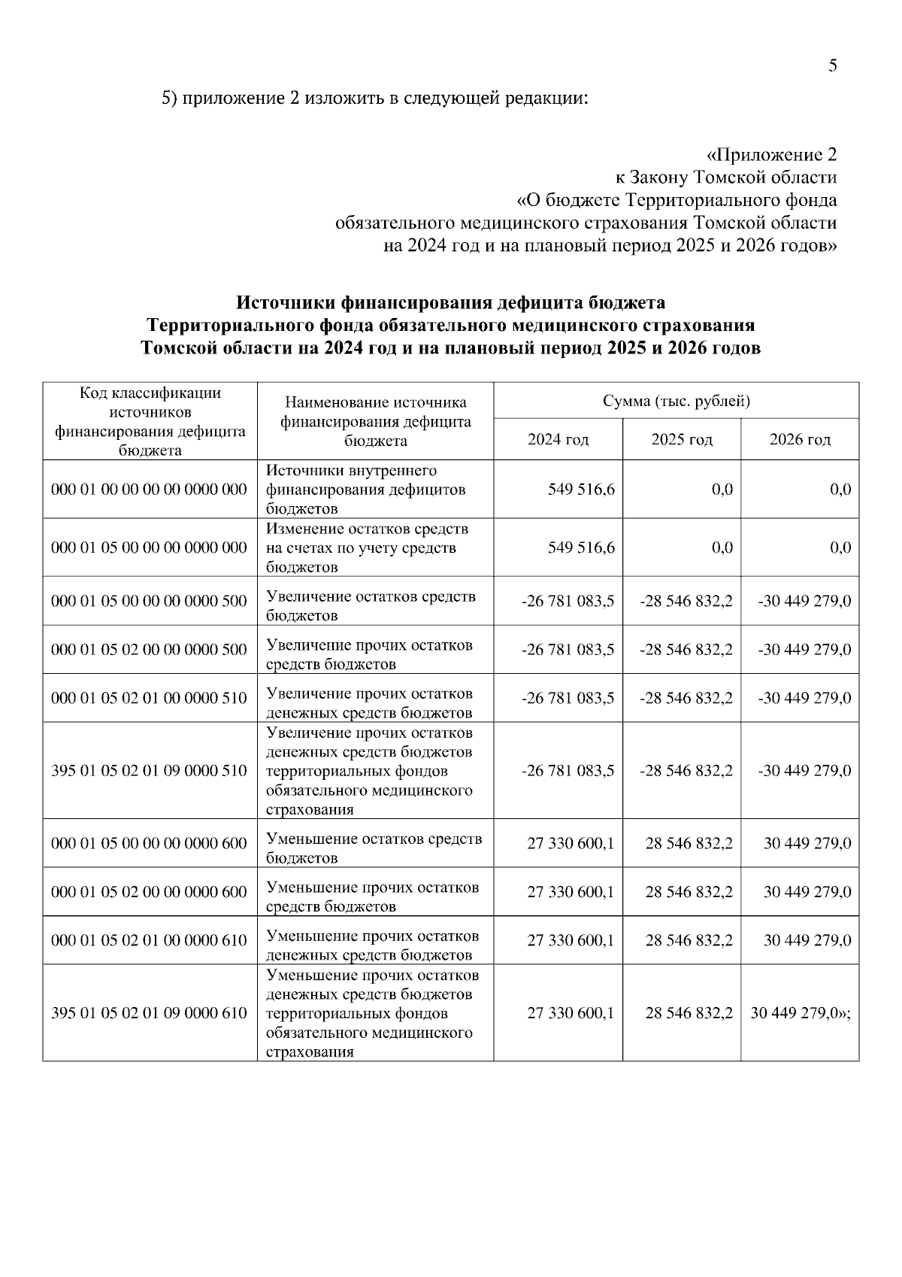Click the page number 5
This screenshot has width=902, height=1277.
832,65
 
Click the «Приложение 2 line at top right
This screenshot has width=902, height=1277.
771,155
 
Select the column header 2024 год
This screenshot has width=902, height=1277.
558,439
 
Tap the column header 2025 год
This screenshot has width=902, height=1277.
681,439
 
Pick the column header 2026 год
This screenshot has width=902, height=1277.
799,439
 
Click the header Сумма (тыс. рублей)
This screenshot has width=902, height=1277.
676,401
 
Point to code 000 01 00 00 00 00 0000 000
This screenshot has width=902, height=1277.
149,490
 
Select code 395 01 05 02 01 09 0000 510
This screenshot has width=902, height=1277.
149,771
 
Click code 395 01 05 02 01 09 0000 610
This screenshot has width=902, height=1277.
149,1013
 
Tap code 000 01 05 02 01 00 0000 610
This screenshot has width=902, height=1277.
149,941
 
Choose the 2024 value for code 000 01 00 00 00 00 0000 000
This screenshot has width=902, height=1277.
581,490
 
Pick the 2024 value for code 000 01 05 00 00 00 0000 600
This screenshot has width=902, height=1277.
571,844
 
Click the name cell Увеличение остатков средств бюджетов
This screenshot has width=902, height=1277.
371,606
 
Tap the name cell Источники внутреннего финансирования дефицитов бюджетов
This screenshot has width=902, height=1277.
366,490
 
